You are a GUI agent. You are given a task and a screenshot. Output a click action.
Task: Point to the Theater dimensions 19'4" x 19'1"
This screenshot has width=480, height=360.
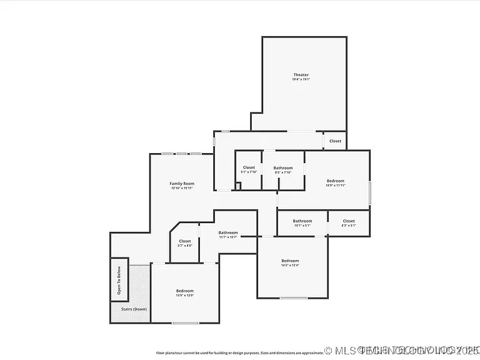tap(301, 79)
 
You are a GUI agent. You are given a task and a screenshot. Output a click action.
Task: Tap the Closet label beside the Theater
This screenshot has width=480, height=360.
tap(336, 141)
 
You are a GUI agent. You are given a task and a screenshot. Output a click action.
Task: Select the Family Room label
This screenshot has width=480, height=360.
tap(182, 183)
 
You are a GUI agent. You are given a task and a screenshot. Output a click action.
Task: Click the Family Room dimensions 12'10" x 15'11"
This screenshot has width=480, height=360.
tap(182, 187)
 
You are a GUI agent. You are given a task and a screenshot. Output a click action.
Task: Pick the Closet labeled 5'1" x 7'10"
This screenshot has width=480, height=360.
tap(249, 167)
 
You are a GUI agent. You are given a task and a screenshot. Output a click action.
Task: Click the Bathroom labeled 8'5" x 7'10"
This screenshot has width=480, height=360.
tap(282, 167)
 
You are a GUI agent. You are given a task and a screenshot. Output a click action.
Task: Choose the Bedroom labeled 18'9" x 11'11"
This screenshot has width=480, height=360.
tap(335, 181)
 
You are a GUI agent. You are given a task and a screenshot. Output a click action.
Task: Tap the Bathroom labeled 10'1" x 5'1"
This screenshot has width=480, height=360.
tap(302, 221)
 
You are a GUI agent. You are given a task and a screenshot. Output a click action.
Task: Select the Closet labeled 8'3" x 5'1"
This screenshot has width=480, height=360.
tap(349, 221)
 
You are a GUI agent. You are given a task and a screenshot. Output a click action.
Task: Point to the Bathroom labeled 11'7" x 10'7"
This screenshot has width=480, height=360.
tap(227, 232)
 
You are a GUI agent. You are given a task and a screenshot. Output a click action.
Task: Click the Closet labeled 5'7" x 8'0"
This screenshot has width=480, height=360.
tap(185, 241)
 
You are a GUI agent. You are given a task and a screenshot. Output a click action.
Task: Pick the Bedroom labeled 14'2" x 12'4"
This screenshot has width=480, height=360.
tap(290, 261)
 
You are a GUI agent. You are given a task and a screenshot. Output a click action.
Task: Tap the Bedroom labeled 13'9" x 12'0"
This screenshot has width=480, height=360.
tap(185, 291)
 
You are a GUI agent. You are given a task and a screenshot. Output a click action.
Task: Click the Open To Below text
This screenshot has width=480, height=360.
tap(119, 279)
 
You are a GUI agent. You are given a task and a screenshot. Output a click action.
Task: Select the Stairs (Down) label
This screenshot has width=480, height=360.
tap(134, 309)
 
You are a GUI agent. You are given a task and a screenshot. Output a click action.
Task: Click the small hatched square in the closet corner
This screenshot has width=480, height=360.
tap(238, 185)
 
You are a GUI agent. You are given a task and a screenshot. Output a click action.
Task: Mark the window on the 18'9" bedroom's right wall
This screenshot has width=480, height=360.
tap(369, 191)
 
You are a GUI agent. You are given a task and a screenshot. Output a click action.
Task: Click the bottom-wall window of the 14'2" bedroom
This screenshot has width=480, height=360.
tap(293, 298)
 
